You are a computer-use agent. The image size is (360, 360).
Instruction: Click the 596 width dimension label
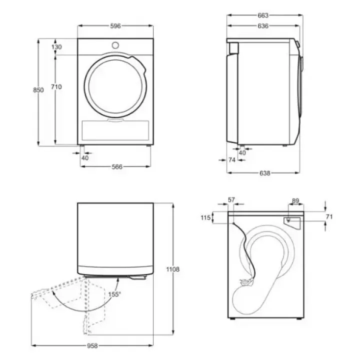point(115,26)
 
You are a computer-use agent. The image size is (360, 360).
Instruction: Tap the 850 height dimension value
point(38,90)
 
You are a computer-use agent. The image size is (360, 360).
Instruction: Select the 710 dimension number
point(56,87)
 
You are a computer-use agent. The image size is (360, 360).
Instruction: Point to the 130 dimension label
point(56,47)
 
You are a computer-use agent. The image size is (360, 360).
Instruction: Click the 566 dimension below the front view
point(117,167)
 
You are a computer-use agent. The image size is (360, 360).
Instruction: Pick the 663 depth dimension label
point(263,15)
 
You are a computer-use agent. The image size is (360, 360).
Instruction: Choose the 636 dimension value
point(263,26)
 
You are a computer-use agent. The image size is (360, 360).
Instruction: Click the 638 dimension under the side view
point(264,173)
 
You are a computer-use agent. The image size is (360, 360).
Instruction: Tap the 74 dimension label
point(232,160)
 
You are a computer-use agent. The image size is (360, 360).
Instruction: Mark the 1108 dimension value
point(173,269)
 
